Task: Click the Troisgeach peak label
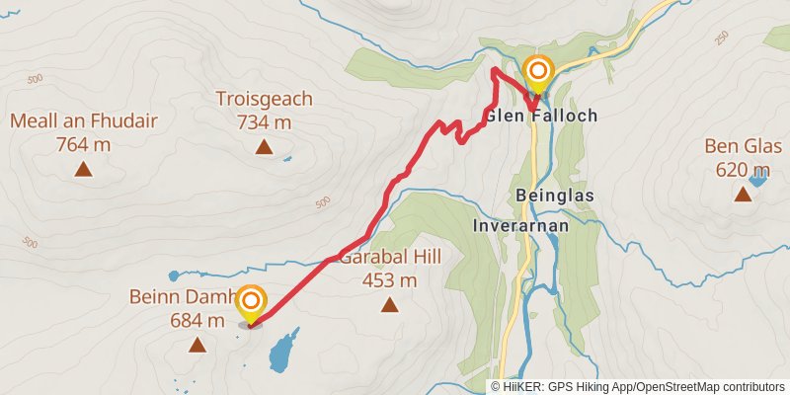coord(264,99)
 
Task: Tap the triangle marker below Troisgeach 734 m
coord(264,147)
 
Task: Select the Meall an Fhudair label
coord(83,121)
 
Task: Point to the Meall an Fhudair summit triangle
coord(83,169)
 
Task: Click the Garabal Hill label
coord(390,258)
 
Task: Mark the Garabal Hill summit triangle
coord(390,305)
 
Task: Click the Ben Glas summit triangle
coord(743,194)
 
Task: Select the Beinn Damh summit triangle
coord(197,345)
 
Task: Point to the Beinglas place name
coord(554,196)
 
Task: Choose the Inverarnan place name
coord(520,224)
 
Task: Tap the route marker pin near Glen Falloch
coord(539,72)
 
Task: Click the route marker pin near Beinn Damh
coord(252,301)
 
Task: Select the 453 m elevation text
coord(390,280)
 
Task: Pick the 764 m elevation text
coord(83,144)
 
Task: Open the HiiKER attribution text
coord(639,386)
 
